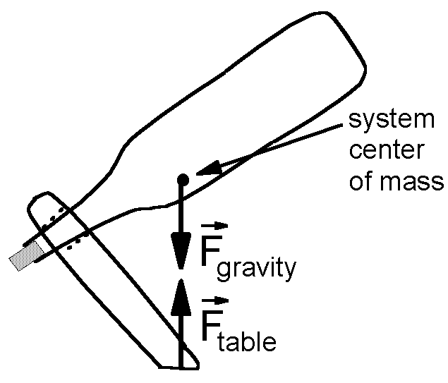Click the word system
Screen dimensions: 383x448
coord(389,122)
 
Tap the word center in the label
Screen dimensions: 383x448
coord(389,152)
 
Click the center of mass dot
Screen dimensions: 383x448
coord(182,179)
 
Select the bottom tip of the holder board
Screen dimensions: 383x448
coord(180,366)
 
